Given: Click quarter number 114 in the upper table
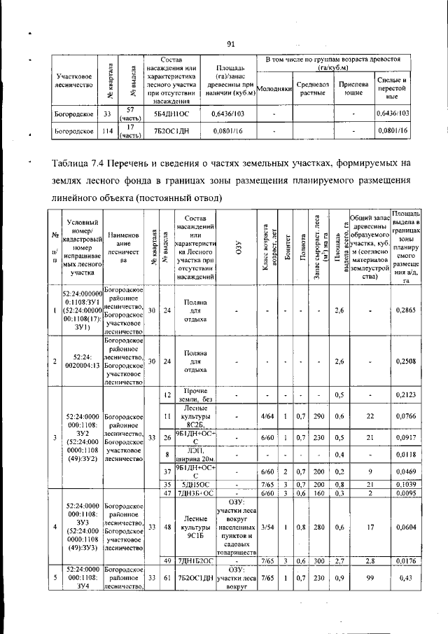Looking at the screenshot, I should pyautogui.click(x=107, y=130).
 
